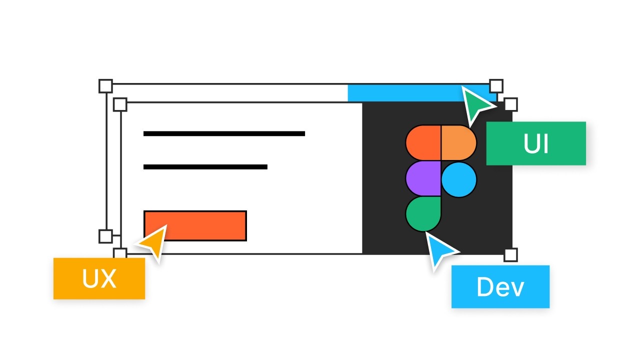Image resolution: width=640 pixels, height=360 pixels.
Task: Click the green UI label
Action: [535, 143]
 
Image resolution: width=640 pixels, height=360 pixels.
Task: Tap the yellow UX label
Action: [99, 278]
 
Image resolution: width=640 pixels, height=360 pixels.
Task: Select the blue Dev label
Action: [500, 286]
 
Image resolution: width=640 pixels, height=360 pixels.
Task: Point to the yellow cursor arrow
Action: [153, 242]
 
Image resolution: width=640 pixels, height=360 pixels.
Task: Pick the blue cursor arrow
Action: [440, 250]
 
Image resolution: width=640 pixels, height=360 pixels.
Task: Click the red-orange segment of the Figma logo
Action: [423, 142]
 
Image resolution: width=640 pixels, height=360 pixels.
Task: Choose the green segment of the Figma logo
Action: [423, 213]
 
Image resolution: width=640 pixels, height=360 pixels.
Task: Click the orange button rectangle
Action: [195, 225]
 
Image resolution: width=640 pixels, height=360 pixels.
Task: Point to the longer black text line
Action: [224, 133]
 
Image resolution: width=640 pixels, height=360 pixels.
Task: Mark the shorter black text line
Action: [205, 167]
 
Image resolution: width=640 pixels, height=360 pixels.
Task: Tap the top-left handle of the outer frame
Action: [105, 86]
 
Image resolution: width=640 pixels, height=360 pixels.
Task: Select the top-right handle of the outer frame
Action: [495, 85]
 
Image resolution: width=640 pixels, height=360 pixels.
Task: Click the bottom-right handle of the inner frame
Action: [510, 255]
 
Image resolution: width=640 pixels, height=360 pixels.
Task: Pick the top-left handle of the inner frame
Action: [120, 104]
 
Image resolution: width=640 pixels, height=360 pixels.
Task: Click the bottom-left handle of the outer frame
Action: [105, 236]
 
